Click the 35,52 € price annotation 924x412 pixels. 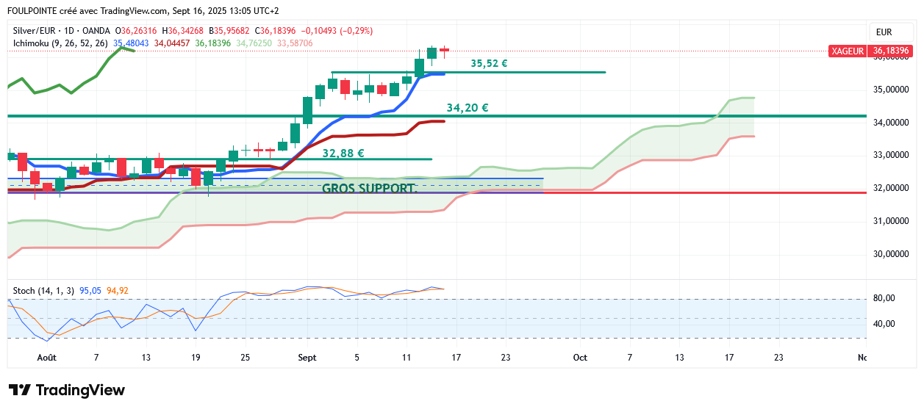[x=489, y=64]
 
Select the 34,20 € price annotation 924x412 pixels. [x=468, y=108]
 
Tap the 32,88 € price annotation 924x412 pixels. [x=343, y=153]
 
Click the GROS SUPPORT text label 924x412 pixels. [x=369, y=188]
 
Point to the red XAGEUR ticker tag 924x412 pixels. [x=848, y=51]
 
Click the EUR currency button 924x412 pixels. [x=884, y=32]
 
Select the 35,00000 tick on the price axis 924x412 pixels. [x=890, y=90]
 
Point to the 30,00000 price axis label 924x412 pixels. [x=890, y=254]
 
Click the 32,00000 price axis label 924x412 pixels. [x=890, y=188]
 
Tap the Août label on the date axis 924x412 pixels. [x=46, y=358]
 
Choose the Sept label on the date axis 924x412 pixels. [x=307, y=358]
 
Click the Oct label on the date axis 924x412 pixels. [x=580, y=358]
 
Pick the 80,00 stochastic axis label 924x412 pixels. [x=884, y=298]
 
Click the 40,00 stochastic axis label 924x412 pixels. [x=884, y=324]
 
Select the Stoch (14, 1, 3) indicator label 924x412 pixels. [x=43, y=291]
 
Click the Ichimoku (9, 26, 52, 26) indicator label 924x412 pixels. [x=61, y=43]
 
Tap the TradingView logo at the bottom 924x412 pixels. [x=67, y=390]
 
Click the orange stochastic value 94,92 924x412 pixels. [x=118, y=291]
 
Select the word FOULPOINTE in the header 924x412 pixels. [x=35, y=11]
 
